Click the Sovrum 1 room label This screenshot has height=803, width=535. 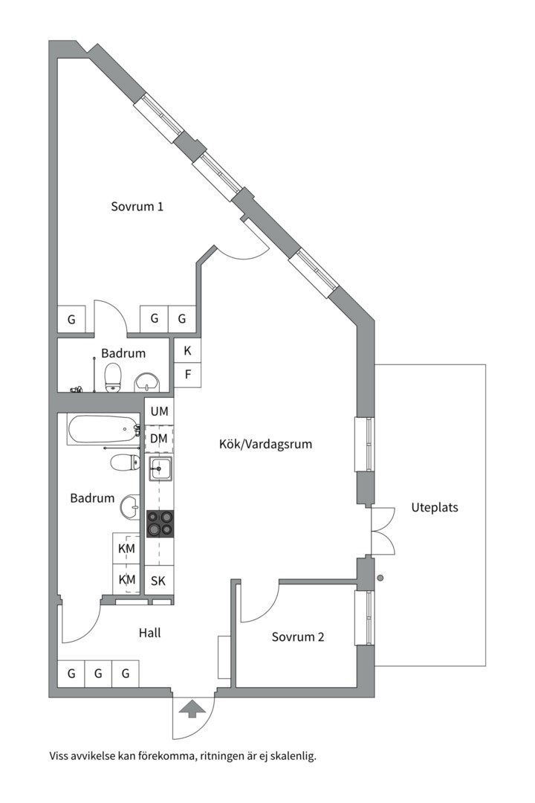point(137,207)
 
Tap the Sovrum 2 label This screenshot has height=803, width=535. point(298,637)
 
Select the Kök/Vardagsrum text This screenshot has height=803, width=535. point(266,444)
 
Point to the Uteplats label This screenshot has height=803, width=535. point(435,508)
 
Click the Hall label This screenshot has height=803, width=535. point(150,633)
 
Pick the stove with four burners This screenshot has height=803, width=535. point(160,523)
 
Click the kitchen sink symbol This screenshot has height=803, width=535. point(160,468)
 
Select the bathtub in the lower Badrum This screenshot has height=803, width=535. point(103,430)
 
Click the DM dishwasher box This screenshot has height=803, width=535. point(159,439)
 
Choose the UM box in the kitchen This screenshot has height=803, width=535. point(159,411)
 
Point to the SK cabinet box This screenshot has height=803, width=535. point(159,581)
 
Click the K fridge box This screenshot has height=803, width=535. point(187,351)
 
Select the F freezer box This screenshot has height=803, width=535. point(187,375)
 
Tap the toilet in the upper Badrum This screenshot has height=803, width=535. point(112,378)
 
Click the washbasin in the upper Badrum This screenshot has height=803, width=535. point(147,383)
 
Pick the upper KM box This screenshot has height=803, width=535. point(126,549)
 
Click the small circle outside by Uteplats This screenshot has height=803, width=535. point(380,578)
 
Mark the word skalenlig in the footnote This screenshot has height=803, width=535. point(294,756)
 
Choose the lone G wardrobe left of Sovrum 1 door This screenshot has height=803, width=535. point(71,319)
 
